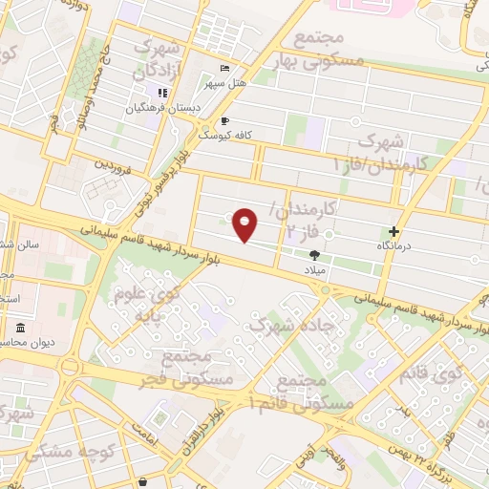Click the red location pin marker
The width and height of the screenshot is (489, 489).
coord(245,224)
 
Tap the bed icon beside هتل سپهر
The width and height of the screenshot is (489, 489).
coord(224,69)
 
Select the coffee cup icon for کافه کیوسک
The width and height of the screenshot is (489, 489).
coord(224,121)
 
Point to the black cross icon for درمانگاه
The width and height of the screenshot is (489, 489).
coord(393,231)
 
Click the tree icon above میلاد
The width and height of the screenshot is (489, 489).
coord(315,254)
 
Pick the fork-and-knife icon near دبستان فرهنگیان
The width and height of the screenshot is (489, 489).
coord(163,93)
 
